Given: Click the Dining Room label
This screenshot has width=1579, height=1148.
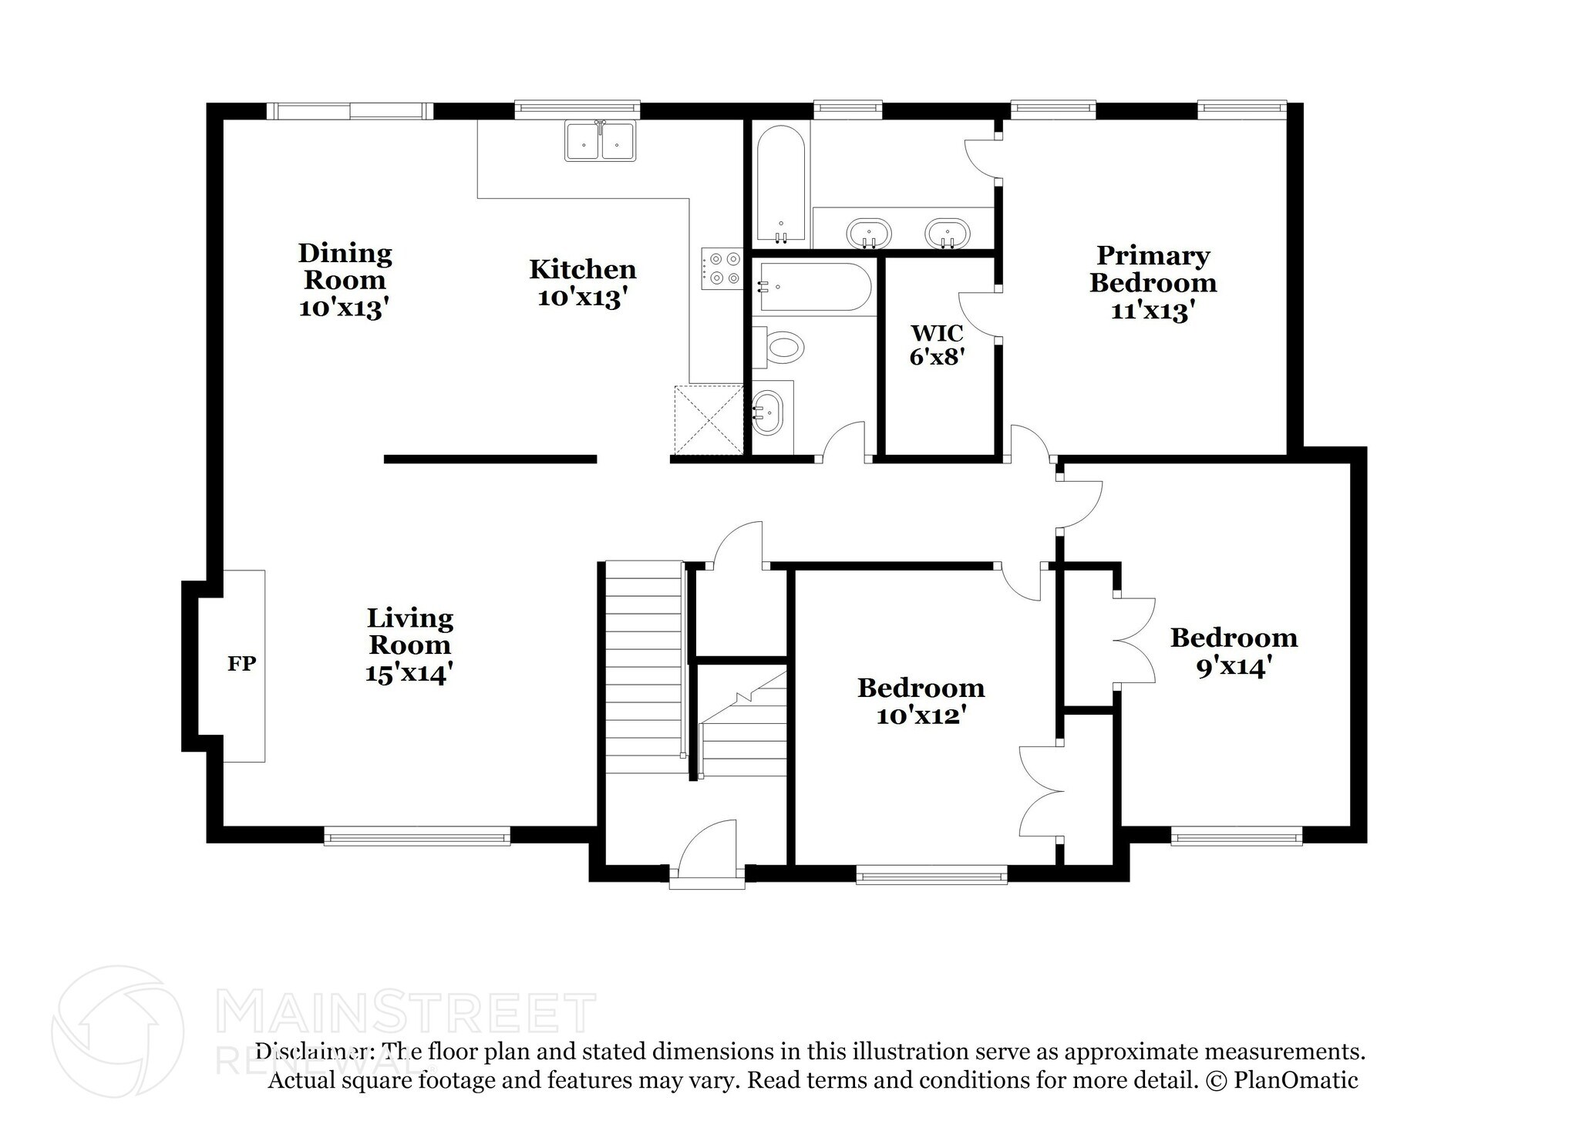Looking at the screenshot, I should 345,266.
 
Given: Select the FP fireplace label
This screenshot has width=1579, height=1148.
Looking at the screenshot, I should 241,664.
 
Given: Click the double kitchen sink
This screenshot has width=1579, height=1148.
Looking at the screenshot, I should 601,142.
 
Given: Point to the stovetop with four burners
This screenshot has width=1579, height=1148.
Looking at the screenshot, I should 722,268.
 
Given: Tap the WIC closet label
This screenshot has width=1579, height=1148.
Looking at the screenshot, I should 937,334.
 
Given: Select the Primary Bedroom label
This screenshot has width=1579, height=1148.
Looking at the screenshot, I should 1153,269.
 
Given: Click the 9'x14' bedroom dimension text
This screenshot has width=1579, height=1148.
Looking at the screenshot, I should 1233,667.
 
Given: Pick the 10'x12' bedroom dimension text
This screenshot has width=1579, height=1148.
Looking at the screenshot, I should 921,716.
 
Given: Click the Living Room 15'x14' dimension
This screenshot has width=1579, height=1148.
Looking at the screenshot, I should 409,674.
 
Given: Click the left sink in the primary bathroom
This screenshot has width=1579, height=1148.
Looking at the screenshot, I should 869,233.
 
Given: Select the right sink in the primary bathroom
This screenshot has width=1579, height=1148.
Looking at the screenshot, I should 948,233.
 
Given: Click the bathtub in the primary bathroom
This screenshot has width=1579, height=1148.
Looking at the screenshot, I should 781,185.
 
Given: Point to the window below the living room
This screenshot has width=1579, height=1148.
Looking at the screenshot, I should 416,837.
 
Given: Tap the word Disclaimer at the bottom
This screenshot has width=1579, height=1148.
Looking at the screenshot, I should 313,1052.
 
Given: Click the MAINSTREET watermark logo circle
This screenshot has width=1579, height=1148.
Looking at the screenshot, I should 117,1031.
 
